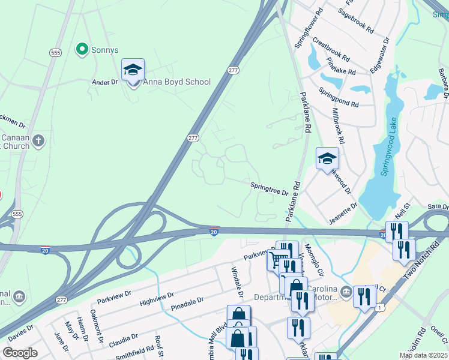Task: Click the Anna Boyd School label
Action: (178, 82)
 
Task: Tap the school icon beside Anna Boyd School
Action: (133, 71)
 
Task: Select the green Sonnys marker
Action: (82, 49)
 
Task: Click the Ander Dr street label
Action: (104, 82)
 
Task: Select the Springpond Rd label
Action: (339, 98)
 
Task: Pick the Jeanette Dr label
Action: (343, 214)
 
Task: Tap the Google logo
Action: (20, 353)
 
